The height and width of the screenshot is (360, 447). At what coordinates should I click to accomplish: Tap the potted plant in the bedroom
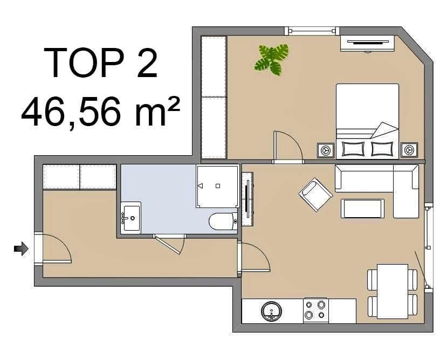click(x=271, y=59)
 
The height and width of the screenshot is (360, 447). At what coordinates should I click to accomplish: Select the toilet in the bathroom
click(x=222, y=221)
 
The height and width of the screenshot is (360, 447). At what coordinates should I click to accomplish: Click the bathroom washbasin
click(x=130, y=218)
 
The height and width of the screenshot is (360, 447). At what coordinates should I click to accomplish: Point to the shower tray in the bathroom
click(x=217, y=186)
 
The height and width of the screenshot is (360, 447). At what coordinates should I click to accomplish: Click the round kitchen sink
click(x=271, y=311)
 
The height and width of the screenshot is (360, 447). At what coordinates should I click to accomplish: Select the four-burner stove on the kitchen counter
click(x=315, y=310)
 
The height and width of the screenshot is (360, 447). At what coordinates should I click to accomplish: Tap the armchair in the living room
click(x=315, y=193)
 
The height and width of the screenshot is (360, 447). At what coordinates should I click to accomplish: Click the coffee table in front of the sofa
click(x=362, y=209)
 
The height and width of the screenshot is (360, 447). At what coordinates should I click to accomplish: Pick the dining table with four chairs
click(x=393, y=291)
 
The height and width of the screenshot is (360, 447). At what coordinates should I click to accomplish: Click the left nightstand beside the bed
click(x=325, y=150)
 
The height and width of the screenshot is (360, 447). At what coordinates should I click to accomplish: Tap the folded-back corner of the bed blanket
click(x=385, y=130)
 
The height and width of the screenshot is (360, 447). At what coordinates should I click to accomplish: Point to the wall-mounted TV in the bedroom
click(x=367, y=42)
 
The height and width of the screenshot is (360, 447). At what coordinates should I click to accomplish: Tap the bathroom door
click(x=170, y=245)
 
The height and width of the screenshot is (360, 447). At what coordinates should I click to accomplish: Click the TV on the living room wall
click(x=247, y=199)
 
